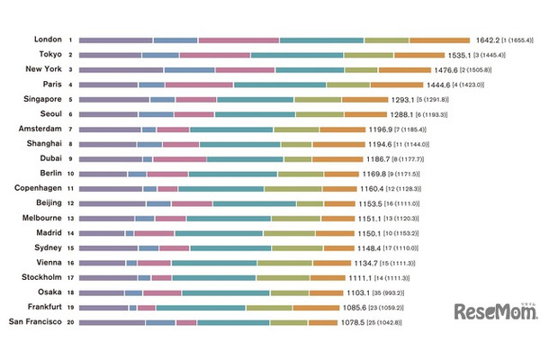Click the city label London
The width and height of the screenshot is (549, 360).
[47, 40]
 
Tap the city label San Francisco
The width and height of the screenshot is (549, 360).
[35, 321]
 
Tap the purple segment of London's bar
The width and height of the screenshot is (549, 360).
[116, 40]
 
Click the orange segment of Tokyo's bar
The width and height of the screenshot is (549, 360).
[418, 55]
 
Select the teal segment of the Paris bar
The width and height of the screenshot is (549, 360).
[281, 85]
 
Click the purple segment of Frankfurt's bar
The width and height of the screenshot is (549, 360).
[103, 307]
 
